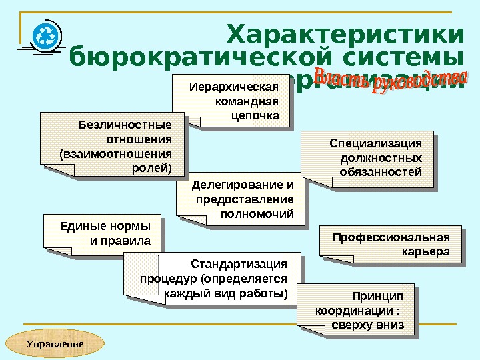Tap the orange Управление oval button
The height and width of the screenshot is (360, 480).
pyautogui.click(x=55, y=344)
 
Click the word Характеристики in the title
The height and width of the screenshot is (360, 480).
pyautogui.click(x=345, y=34)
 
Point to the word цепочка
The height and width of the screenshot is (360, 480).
pyautogui.click(x=255, y=115)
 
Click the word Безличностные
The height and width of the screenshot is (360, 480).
pyautogui.click(x=125, y=124)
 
